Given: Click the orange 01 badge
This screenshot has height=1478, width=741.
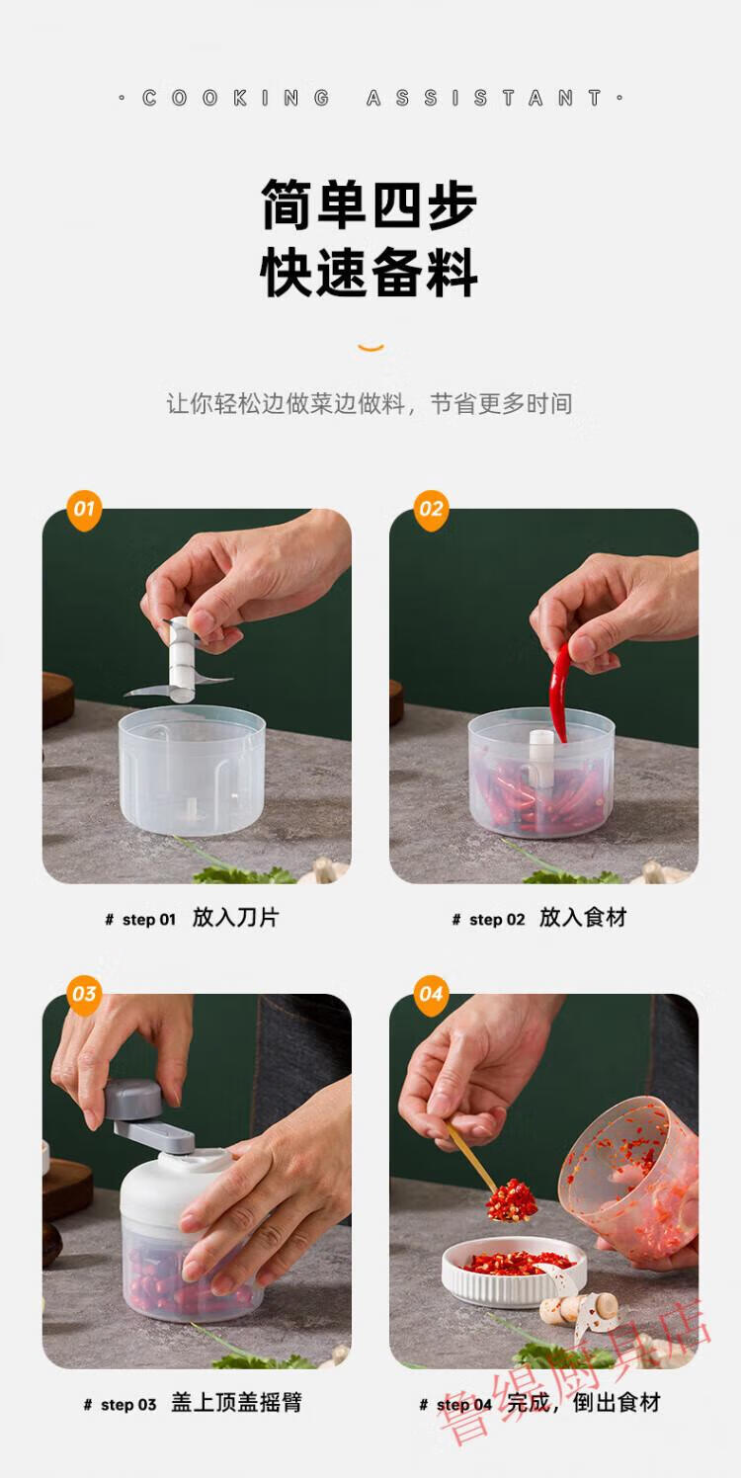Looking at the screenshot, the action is [x=84, y=510].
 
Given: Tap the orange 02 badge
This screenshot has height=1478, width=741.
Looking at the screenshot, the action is [x=431, y=510].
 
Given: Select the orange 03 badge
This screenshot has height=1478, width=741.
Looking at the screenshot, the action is [x=84, y=995].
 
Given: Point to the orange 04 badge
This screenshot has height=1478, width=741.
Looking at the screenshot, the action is [x=431, y=995].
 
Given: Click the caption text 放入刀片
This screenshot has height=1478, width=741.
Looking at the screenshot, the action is [x=235, y=917].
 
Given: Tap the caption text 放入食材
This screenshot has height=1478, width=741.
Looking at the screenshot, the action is [x=583, y=917].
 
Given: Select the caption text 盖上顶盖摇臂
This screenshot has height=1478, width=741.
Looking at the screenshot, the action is [x=236, y=1402].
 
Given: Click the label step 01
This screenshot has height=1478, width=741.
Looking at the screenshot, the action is [x=148, y=919].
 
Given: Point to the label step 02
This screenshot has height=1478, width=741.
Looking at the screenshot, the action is [x=497, y=919].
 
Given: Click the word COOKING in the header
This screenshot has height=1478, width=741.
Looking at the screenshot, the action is [x=236, y=99].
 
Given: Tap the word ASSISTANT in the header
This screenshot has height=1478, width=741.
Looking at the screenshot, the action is [x=485, y=99].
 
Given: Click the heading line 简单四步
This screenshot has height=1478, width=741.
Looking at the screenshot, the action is [x=370, y=205].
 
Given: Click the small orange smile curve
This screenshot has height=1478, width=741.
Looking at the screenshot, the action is [x=370, y=348].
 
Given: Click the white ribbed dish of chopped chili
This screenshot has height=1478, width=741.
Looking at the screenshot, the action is [x=514, y=1273].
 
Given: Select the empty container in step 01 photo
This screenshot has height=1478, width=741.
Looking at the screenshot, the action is [x=192, y=771].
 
